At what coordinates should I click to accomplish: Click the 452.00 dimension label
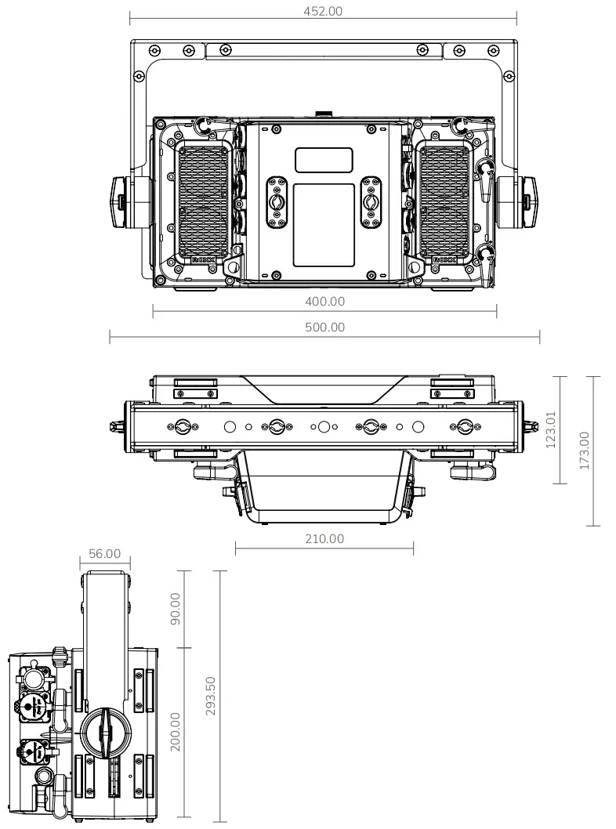tap(323, 11)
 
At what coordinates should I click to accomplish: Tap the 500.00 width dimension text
tap(324, 327)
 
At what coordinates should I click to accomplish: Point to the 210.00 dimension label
tap(324, 538)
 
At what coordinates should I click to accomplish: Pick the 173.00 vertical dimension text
tap(584, 451)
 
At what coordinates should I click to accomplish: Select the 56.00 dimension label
tap(104, 553)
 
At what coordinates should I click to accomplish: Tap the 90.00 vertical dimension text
tap(175, 609)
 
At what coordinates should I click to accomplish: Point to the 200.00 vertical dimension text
tap(175, 731)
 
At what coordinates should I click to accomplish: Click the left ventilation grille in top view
tap(204, 202)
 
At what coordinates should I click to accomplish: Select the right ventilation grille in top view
tap(444, 202)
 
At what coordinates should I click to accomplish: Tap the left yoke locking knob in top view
tap(120, 203)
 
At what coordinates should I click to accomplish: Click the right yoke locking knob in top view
tap(529, 203)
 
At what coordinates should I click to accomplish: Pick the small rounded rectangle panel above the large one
tap(324, 160)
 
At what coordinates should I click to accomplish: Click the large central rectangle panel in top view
tap(324, 224)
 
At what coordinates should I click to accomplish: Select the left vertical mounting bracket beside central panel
tap(276, 202)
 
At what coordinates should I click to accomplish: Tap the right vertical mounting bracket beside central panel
tap(371, 202)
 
